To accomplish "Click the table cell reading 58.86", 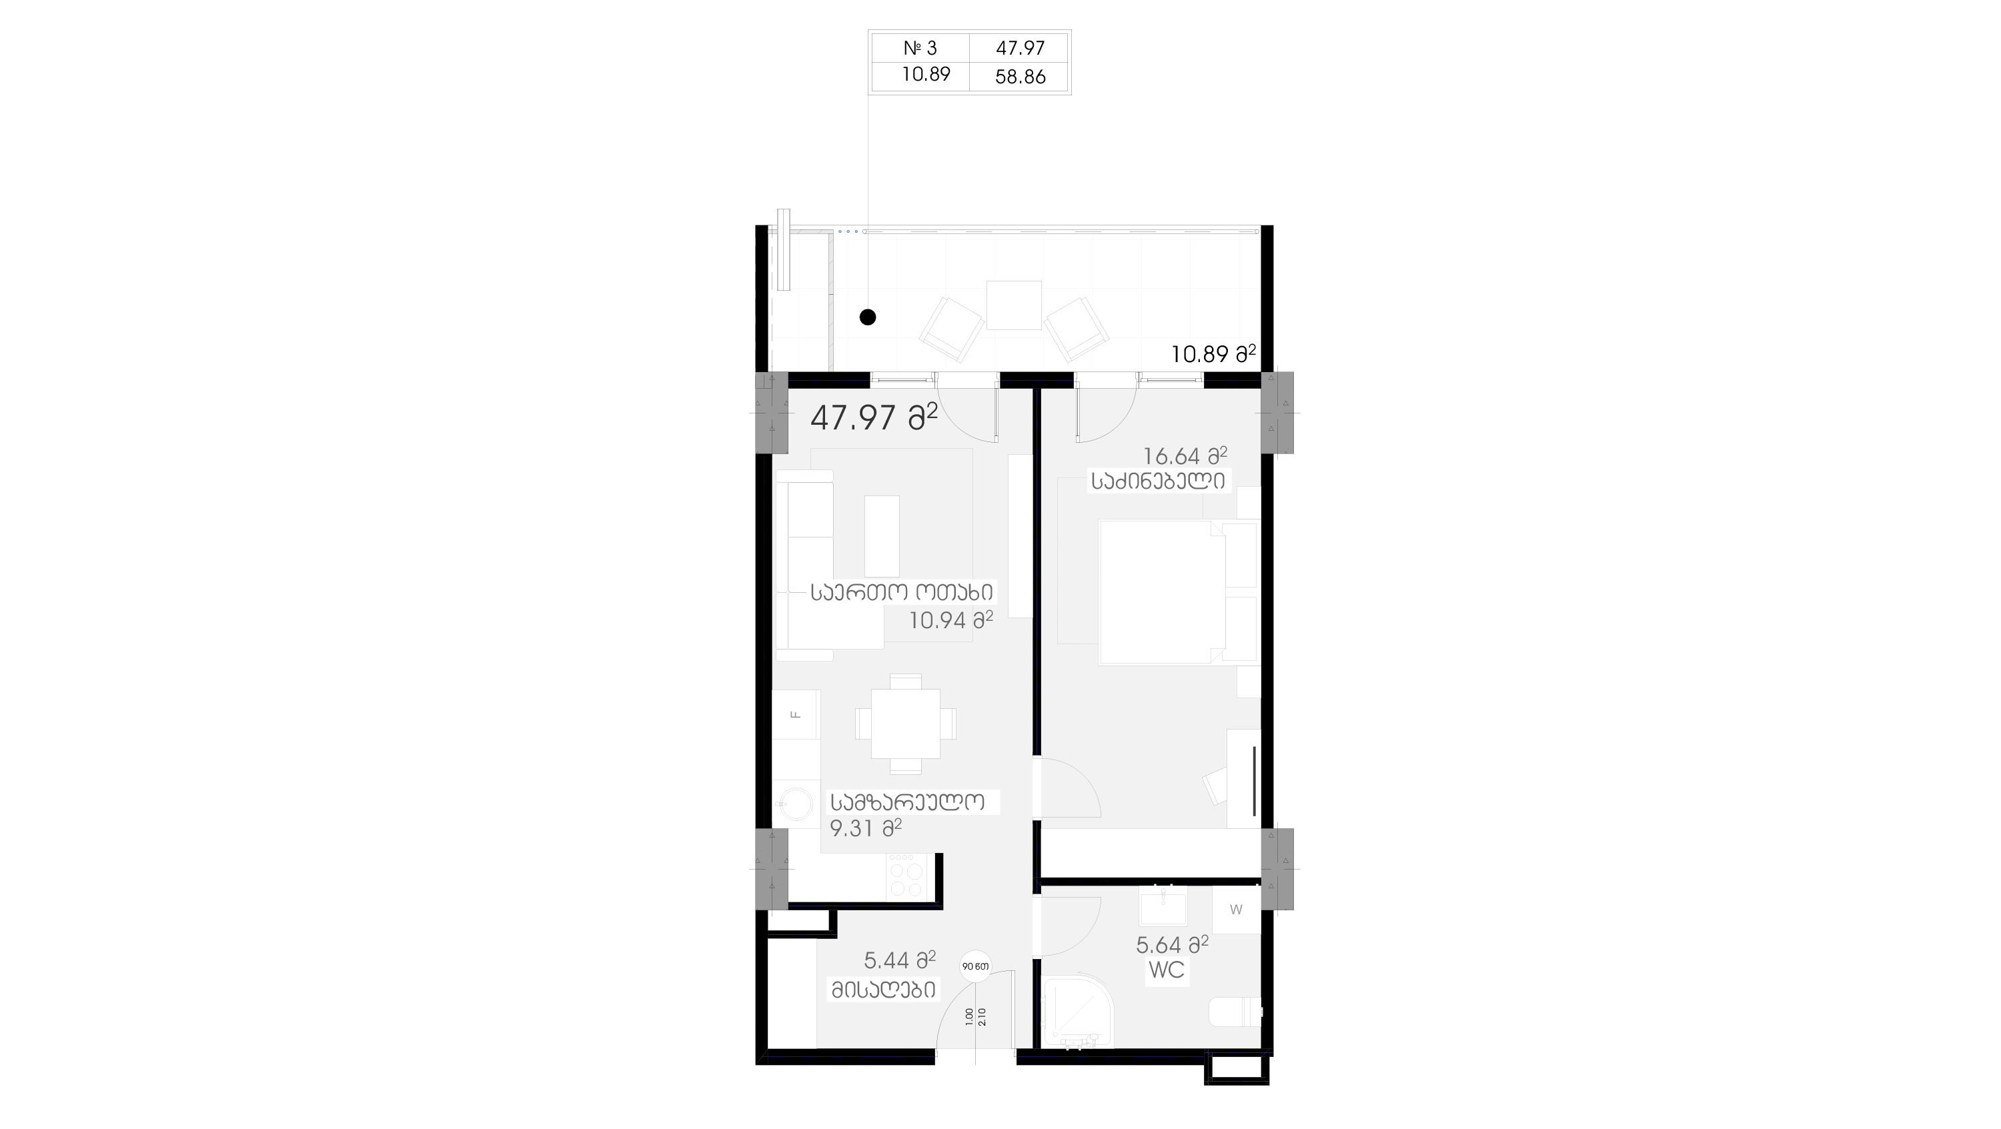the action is click(1019, 76).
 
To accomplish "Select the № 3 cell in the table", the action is click(920, 48).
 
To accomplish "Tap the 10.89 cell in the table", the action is click(925, 75).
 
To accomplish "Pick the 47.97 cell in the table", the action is click(1019, 48).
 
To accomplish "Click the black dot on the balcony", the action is click(868, 317).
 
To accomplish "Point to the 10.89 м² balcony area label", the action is click(1213, 354).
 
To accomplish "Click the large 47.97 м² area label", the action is click(874, 417).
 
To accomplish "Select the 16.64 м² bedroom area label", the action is click(1185, 455).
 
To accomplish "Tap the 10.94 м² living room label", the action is click(950, 620).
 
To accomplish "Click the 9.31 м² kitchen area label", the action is click(865, 828).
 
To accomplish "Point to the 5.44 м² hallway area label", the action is click(900, 960).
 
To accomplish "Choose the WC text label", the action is click(1166, 970).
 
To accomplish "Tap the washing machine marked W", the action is click(1236, 909).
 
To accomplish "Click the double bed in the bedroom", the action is click(1162, 592).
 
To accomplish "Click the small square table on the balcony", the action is click(1014, 305).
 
